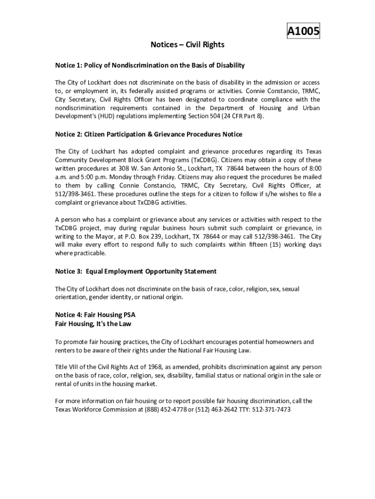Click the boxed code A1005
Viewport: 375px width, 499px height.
coord(303,32)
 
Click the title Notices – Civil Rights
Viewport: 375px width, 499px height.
coord(187,45)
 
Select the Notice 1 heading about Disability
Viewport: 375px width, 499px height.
coord(150,65)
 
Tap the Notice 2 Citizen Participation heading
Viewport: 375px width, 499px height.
coord(148,134)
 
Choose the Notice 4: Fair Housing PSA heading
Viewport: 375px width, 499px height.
coord(95,315)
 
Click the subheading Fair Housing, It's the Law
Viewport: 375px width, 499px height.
coord(93,324)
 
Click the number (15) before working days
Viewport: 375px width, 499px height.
coord(277,245)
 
